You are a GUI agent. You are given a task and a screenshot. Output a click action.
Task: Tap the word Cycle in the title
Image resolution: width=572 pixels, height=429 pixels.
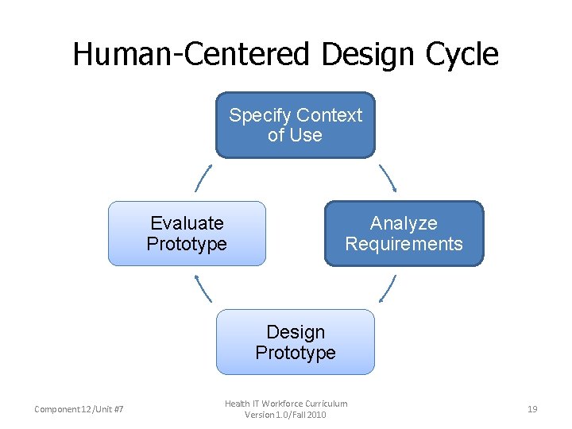(465, 55)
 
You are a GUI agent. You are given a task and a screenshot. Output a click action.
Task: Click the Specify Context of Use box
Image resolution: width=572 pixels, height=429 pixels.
(295, 126)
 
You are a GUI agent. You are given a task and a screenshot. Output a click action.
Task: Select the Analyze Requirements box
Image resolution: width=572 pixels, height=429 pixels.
(404, 234)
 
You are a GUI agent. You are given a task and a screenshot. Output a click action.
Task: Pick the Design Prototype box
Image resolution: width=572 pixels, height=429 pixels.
(295, 342)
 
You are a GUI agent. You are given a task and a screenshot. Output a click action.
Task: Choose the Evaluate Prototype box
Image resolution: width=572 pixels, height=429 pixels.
(187, 234)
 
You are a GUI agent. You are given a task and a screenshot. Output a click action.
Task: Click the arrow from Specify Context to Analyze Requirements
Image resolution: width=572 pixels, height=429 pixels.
(388, 179)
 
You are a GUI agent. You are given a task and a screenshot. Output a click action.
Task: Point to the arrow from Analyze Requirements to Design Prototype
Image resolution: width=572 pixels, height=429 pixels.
(387, 288)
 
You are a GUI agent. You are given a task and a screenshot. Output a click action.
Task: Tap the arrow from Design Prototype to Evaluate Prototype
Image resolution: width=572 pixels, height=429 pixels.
(203, 288)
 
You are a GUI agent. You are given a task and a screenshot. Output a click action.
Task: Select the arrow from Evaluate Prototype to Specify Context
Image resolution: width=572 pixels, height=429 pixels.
(203, 179)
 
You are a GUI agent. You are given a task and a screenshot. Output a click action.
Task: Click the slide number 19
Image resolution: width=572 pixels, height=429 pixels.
(532, 409)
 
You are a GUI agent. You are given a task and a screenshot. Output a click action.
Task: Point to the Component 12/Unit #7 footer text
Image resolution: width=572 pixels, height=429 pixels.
(79, 410)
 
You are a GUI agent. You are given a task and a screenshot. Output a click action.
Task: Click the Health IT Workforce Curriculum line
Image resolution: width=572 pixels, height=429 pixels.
(285, 404)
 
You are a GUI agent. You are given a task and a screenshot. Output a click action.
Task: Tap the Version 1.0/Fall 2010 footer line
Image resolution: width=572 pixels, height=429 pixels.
(285, 415)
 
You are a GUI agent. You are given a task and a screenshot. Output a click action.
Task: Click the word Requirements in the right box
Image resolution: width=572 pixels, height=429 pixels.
(404, 244)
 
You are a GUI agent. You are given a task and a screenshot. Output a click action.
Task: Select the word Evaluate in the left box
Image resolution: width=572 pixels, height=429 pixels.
(187, 223)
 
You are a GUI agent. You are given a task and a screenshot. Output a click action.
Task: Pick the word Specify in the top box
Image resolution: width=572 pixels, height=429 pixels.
(260, 116)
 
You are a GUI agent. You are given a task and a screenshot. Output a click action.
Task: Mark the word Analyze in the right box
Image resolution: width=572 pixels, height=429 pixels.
(404, 223)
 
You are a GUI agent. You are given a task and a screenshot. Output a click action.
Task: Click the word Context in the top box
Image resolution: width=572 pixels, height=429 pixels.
(329, 115)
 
